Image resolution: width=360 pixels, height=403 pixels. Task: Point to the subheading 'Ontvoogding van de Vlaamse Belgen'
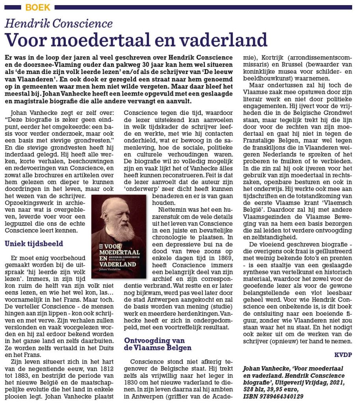point(158,344)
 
